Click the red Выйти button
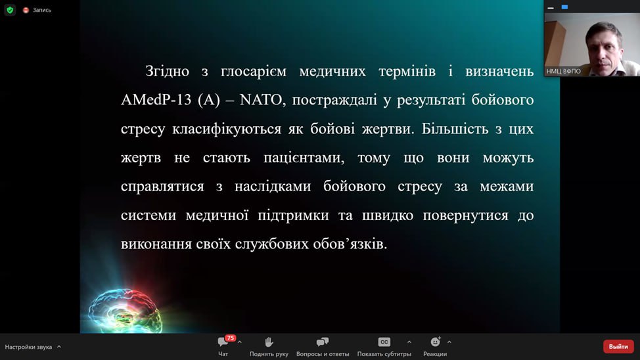(x=618, y=346)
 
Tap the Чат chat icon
(x=223, y=342)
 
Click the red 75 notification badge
(x=231, y=338)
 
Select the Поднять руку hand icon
(x=269, y=342)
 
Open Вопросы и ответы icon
(x=323, y=342)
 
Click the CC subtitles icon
(x=384, y=342)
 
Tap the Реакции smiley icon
(x=436, y=342)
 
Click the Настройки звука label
(x=28, y=347)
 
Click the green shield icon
(x=10, y=10)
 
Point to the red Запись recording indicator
(x=26, y=11)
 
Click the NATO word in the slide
(x=260, y=100)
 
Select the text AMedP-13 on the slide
(x=156, y=100)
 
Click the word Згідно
(x=168, y=72)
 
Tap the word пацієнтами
(x=304, y=158)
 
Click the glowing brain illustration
(x=124, y=311)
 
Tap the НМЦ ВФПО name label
(x=563, y=72)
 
